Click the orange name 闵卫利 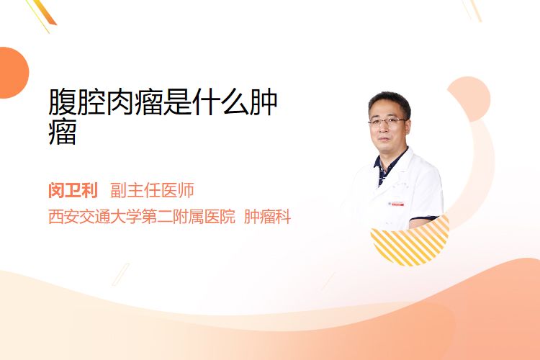point(73,190)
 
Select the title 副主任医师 point(152,190)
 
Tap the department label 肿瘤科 point(268,217)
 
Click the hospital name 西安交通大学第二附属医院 point(142,217)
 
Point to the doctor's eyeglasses point(387,121)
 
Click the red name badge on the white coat point(397,204)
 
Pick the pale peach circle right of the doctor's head point(469,99)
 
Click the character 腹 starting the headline point(63,102)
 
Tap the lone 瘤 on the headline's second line point(63,132)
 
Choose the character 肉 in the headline point(120,102)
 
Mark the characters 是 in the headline point(177,102)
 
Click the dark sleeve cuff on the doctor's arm point(423,219)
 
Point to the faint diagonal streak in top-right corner point(471,10)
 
